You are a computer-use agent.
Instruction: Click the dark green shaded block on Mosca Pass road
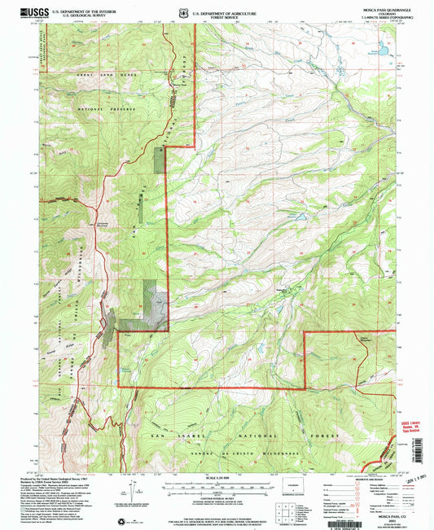tap(158, 160)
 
